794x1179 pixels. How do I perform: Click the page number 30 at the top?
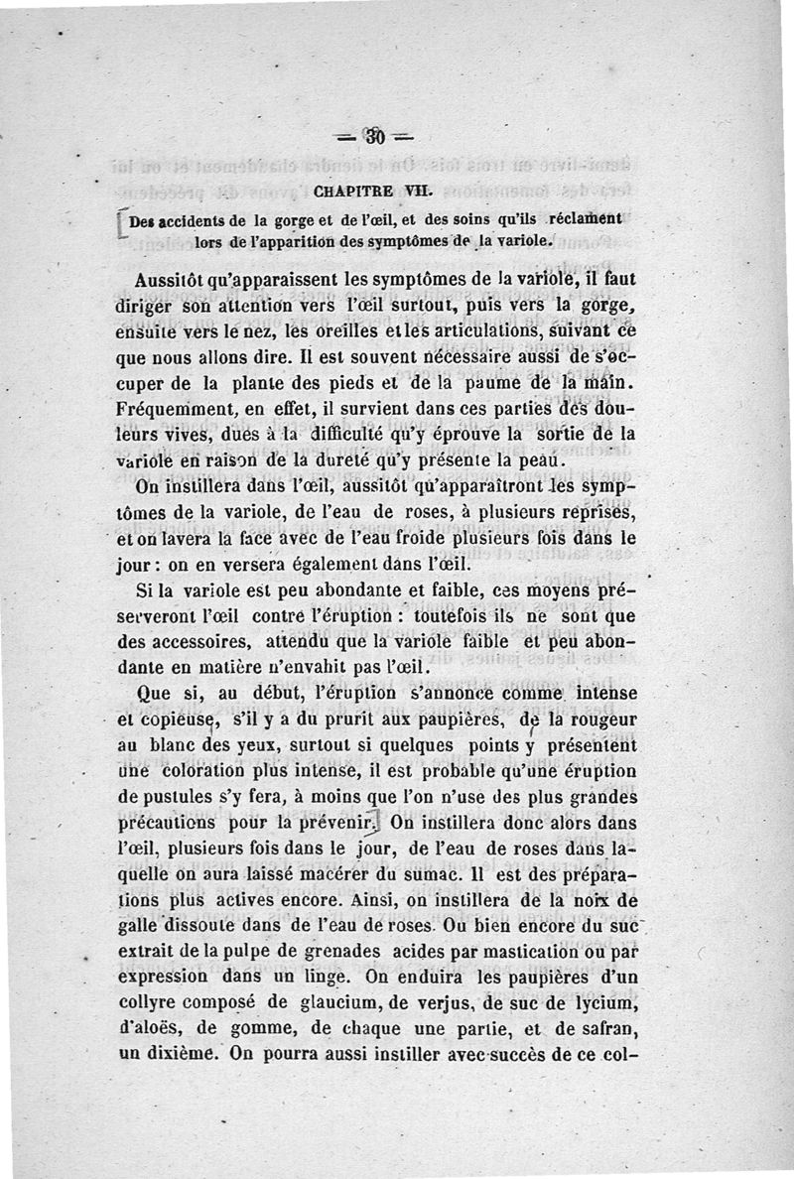pos(377,136)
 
